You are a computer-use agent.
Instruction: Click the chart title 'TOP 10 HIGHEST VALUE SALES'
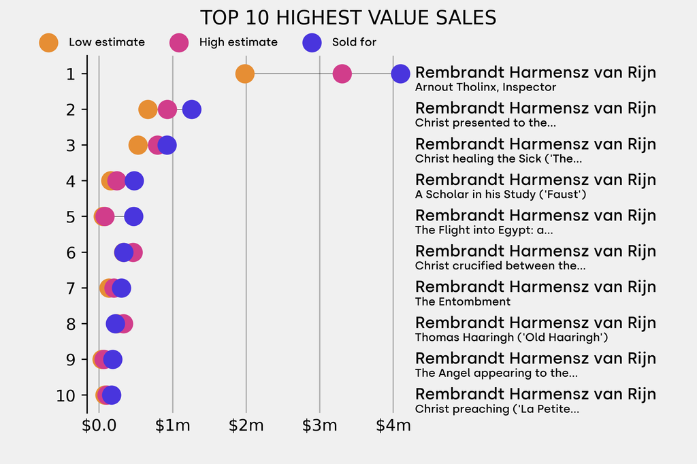pos(348,18)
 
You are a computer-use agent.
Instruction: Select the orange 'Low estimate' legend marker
pos(48,42)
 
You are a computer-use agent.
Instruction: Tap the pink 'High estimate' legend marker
pos(179,42)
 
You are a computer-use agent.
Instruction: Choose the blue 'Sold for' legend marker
pos(312,42)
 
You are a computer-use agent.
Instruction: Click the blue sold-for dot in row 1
pos(401,73)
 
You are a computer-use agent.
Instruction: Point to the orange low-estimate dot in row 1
pos(245,73)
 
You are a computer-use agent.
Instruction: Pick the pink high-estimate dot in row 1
pos(342,73)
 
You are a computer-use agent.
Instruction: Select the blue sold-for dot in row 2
pos(192,109)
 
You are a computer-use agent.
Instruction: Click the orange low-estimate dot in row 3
pos(137,145)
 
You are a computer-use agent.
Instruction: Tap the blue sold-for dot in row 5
pos(134,216)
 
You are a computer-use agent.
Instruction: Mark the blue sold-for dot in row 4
pos(134,181)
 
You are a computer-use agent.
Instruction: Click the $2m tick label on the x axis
pos(246,426)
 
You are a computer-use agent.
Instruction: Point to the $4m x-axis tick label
pos(393,426)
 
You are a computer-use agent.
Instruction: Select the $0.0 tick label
pos(99,426)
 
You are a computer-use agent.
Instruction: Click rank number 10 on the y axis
pos(66,395)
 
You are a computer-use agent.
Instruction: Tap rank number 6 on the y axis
pos(71,252)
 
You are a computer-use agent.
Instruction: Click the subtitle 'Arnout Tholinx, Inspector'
pos(485,87)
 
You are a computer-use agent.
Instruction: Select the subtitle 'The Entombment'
pos(463,301)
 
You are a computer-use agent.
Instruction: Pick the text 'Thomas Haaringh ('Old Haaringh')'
pos(511,337)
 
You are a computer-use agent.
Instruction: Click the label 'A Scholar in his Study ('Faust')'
pos(501,195)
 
